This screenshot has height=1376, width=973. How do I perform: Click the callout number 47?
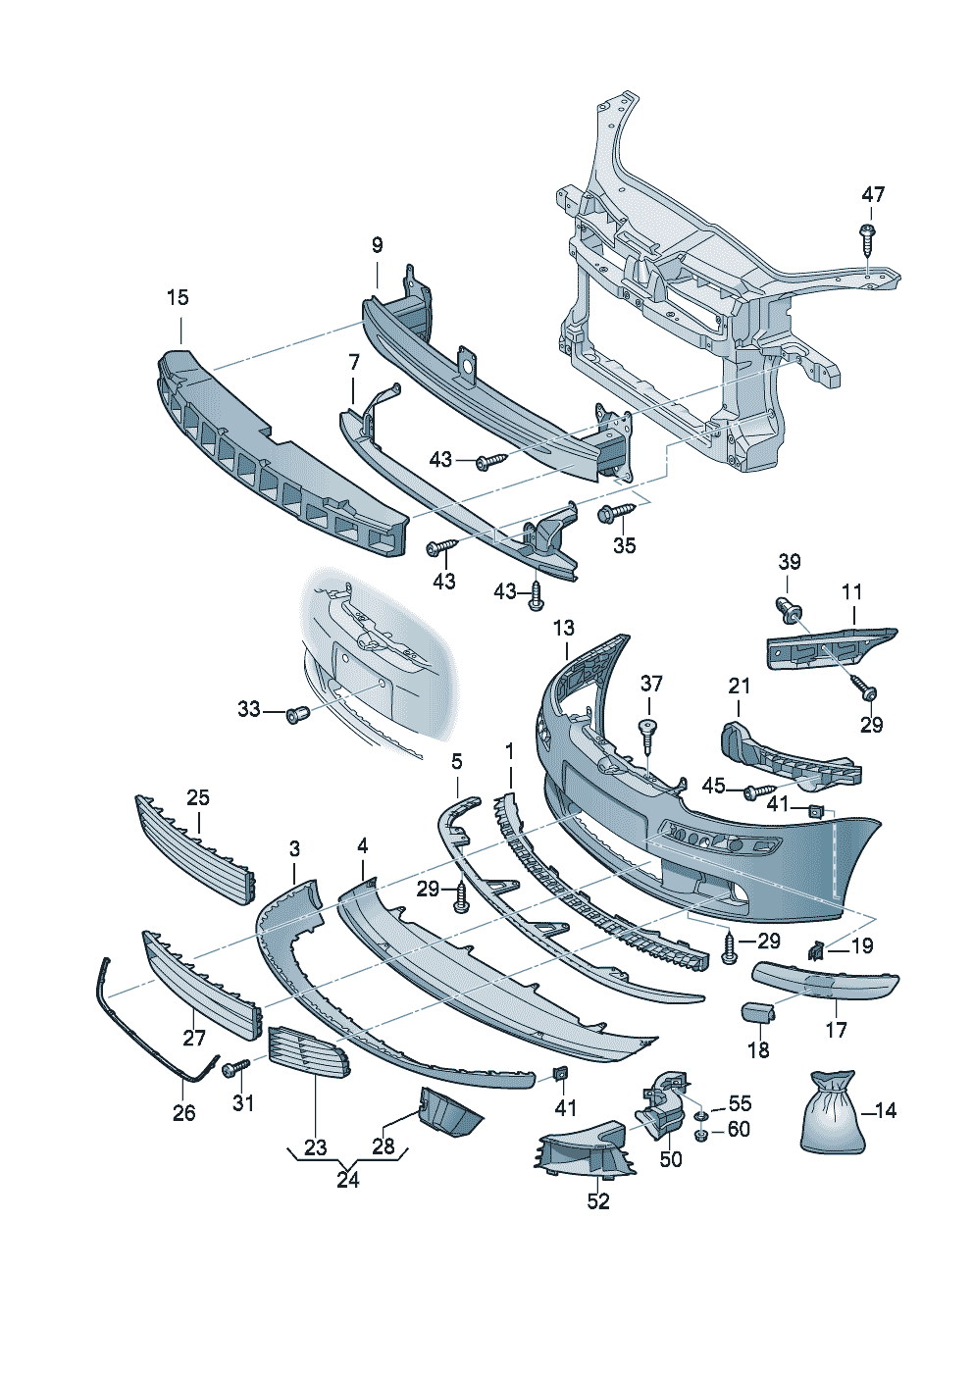coord(872,194)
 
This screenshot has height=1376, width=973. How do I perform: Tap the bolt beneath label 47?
coord(867,236)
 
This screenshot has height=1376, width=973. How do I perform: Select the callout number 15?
coord(178,297)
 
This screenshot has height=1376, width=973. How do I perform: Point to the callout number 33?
coord(249,708)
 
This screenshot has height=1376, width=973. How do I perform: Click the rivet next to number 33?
coord(296,714)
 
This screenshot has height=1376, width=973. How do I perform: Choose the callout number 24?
coord(348,1180)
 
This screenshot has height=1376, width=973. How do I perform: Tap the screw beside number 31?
coord(234,1066)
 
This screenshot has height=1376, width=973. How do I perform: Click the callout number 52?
coord(598,1201)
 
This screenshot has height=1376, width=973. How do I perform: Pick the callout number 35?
coord(624,545)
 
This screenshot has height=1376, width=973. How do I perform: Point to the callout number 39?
coord(789,562)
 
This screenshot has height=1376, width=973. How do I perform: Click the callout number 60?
coord(739,1130)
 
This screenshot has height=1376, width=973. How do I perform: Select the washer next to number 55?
coord(702,1116)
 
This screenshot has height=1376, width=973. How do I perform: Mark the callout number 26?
coord(183,1113)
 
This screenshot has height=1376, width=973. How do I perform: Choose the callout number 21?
coord(739,686)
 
